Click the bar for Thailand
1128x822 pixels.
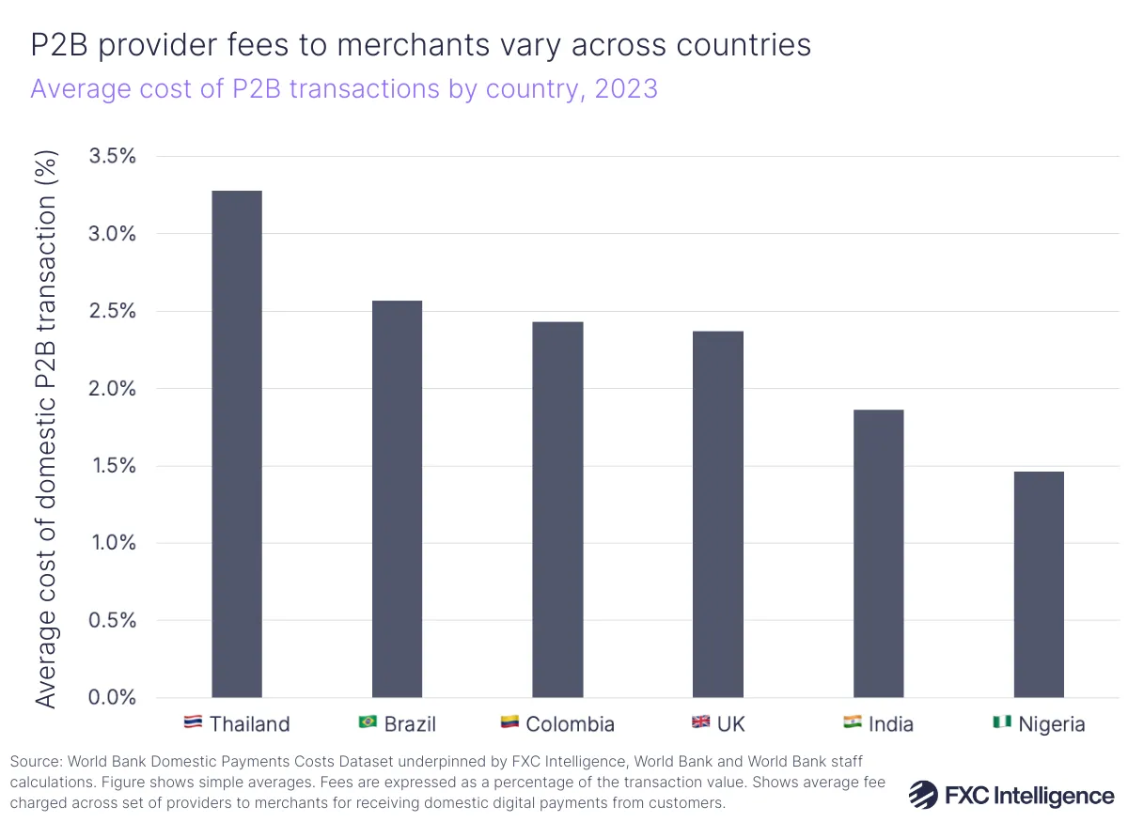pos(237,443)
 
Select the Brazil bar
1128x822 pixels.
pos(397,499)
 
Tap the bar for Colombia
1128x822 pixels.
pos(557,509)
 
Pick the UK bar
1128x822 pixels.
pos(718,514)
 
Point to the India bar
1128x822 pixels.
pos(878,553)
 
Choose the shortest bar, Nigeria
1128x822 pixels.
pos(1039,584)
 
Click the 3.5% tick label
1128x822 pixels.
pos(112,156)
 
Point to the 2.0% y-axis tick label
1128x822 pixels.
pos(112,388)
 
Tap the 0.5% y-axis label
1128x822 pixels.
pos(112,620)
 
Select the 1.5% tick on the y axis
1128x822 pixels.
pos(112,466)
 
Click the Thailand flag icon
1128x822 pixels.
pos(193,722)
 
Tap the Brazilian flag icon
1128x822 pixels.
pos(368,722)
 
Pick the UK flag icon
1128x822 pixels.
pos(701,722)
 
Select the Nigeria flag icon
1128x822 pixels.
pos(1001,722)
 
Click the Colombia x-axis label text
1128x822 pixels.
pos(570,723)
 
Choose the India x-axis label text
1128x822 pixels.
pos(890,723)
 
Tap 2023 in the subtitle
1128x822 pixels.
pos(626,89)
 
